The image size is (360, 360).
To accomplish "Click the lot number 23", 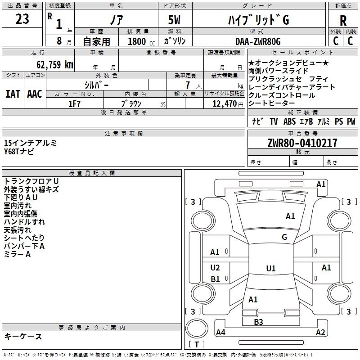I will coord(22,19).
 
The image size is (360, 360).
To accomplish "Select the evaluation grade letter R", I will coord(343,20).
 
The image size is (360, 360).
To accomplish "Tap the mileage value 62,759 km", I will coord(50,64).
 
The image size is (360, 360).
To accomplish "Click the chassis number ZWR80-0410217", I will coord(302,144).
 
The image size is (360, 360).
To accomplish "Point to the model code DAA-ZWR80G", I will coord(258,42).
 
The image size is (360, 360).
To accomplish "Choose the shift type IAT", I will coord(13,94).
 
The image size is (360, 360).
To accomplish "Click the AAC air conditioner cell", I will coord(34,94).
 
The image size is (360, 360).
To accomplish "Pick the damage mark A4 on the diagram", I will coord(220,333).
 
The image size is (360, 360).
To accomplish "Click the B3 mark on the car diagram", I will coord(258,322).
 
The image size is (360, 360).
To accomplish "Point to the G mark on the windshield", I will coord(284,237).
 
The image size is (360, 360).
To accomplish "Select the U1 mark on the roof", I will coord(270,269).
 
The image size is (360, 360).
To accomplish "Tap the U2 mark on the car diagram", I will coord(215,268).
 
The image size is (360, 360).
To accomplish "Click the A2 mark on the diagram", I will coord(320,333).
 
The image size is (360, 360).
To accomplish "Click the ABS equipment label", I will coord(289,121).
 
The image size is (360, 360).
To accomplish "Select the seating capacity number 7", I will coord(186,85).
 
